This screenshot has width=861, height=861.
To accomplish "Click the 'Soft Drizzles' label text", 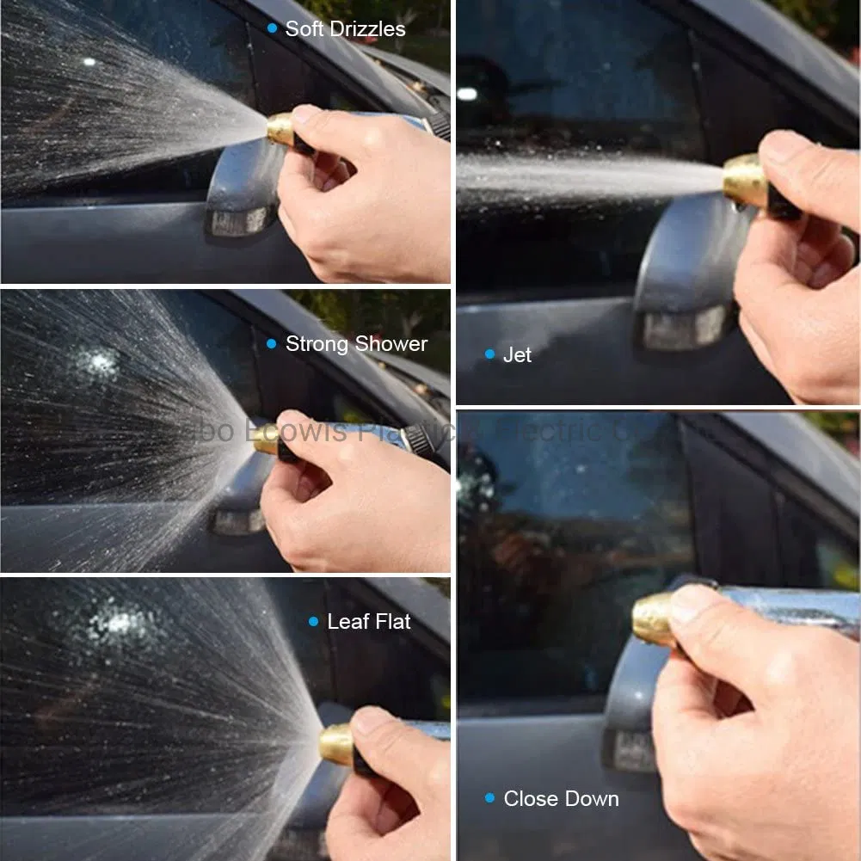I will click(345, 28).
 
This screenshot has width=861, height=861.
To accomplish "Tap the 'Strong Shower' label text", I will click(356, 344).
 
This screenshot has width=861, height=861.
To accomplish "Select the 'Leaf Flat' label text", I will click(369, 621).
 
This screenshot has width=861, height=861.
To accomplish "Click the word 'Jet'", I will click(517, 354).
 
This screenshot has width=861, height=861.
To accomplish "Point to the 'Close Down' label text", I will click(561, 798).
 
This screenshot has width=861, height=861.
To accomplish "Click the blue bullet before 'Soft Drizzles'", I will click(273, 28).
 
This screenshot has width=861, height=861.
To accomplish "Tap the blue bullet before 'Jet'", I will click(489, 354).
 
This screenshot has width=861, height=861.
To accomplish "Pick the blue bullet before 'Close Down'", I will click(489, 798).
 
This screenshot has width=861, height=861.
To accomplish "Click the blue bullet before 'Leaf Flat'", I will click(313, 621).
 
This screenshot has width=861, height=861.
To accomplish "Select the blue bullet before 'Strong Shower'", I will click(272, 344).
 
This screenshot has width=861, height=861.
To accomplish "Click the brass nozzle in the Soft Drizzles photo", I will click(280, 130).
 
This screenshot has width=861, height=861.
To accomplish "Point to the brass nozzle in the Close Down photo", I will click(654, 618).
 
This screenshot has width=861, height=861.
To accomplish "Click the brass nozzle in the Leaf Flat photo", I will click(336, 744).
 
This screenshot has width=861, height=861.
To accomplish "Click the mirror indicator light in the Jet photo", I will click(685, 329).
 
